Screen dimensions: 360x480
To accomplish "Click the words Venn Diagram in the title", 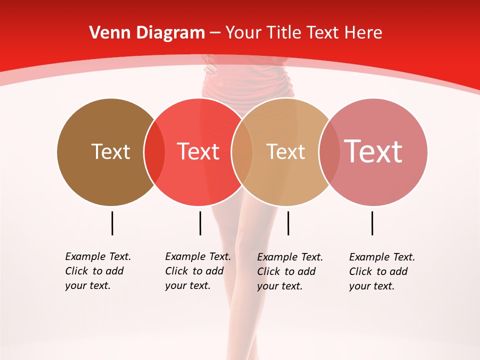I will click(147, 33).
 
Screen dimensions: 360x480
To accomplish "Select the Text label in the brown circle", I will click(110, 151).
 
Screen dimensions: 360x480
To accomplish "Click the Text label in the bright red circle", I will click(198, 151).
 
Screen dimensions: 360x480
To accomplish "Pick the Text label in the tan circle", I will click(285, 151).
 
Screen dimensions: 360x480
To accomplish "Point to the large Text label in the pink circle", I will click(373, 151).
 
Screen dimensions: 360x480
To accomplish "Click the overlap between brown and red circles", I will click(154, 152).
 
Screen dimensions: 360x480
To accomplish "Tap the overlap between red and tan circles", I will click(242, 152).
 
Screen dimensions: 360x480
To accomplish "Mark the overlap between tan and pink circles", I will click(329, 152).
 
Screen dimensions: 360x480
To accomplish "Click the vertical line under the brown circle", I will click(112, 223).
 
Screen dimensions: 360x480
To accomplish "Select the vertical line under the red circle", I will click(200, 223).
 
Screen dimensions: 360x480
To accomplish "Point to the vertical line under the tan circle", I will click(288, 223).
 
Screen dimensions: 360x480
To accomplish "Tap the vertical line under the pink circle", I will click(372, 223).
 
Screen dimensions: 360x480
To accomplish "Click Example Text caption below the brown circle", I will click(98, 256).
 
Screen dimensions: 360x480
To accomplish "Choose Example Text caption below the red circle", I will click(198, 256).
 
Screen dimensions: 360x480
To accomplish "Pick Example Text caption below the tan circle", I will click(290, 257).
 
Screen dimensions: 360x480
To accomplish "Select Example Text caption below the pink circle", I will click(382, 257).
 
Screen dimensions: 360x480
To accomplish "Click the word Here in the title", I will click(364, 33).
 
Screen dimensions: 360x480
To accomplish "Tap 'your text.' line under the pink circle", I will click(371, 286).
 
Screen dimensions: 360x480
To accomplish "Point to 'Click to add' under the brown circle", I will click(94, 271).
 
